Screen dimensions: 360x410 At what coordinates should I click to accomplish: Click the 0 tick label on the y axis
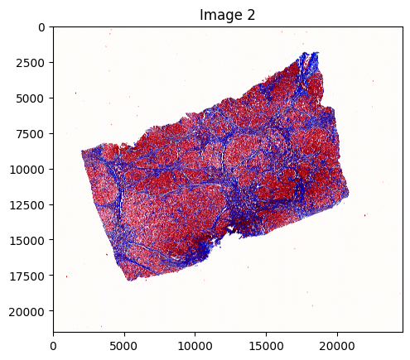click(x=41, y=27)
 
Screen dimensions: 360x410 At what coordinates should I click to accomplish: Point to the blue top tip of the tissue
click(x=313, y=53)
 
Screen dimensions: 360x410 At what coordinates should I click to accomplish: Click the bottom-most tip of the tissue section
click(x=130, y=281)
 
